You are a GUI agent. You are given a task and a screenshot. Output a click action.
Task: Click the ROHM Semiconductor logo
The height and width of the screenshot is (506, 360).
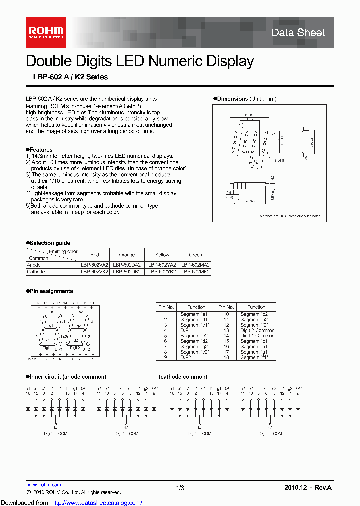45,32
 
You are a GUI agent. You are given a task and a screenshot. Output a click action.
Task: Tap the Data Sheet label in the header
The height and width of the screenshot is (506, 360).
298,33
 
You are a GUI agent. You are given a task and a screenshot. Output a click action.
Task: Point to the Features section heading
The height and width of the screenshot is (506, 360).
39,150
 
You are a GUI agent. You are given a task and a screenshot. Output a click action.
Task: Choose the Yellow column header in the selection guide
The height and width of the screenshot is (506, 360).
162,255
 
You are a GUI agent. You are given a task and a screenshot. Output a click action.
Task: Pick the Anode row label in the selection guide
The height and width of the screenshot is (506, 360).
33,265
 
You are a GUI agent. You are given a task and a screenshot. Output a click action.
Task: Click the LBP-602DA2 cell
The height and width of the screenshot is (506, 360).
127,265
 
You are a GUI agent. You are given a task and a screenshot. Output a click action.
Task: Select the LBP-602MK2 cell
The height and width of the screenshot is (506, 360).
195,272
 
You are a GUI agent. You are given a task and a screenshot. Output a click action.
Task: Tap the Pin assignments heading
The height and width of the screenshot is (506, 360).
49,291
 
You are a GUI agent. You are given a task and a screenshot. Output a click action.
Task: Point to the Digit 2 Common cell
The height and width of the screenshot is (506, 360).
257,330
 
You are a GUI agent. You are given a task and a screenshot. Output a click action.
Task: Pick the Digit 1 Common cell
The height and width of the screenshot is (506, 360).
257,336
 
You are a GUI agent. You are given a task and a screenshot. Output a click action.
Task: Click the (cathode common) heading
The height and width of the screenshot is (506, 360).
183,377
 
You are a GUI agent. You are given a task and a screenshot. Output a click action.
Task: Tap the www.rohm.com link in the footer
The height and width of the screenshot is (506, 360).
44,485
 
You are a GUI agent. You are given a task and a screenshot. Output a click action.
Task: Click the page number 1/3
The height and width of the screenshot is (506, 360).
180,487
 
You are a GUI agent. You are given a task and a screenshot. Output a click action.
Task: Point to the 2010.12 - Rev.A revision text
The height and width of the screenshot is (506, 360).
308,487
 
